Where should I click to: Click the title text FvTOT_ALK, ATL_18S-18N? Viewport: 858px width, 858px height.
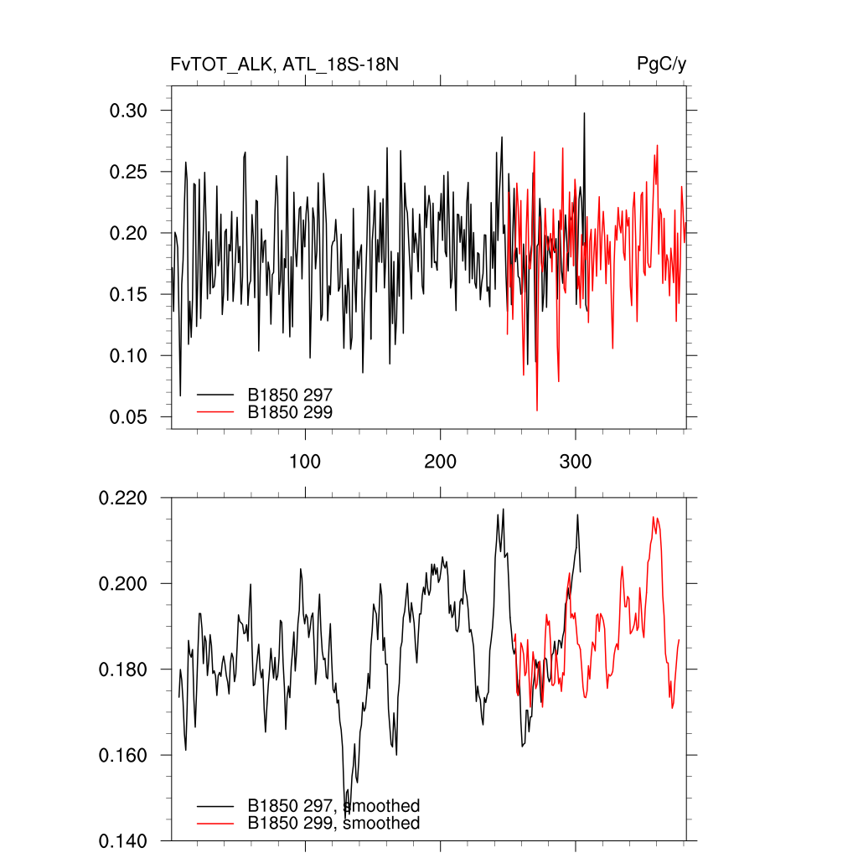(x=278, y=65)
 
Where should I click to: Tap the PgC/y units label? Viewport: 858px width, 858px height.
(x=662, y=65)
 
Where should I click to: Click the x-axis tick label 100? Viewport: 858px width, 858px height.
(x=305, y=462)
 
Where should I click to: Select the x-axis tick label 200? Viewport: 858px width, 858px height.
(x=441, y=462)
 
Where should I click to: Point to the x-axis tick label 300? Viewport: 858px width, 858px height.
(x=576, y=462)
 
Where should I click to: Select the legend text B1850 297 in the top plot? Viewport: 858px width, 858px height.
(x=290, y=393)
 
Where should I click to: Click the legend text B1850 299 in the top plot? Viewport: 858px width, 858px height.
(x=290, y=411)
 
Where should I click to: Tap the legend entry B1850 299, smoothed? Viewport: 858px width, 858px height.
(x=333, y=824)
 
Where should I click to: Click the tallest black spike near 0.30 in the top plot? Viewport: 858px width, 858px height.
(x=584, y=114)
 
